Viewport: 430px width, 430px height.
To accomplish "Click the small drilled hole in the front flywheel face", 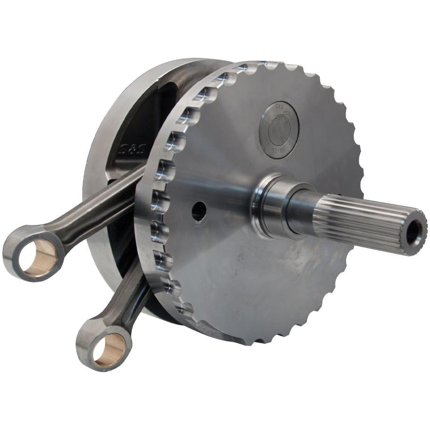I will point(199,211).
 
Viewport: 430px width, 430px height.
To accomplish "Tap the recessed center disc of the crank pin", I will point(280,129).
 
